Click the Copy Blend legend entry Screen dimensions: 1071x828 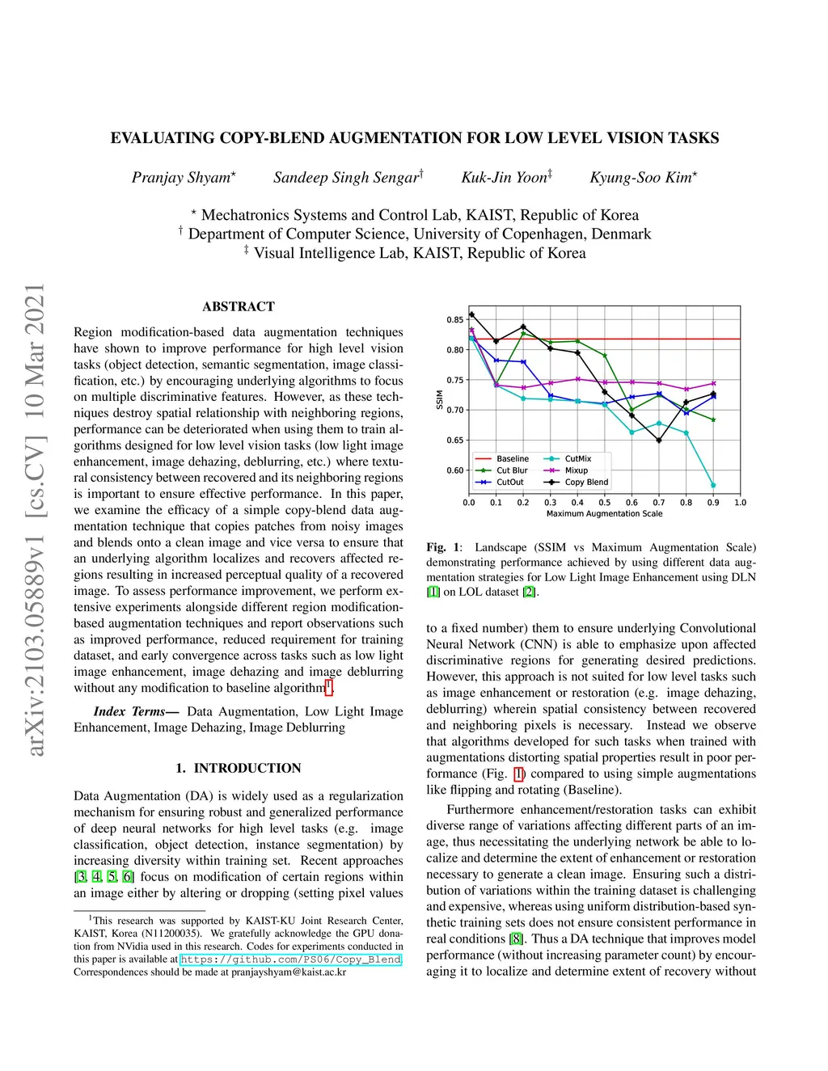click(x=586, y=483)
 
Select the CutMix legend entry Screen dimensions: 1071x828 click(x=577, y=459)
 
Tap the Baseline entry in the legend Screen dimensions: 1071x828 click(x=512, y=459)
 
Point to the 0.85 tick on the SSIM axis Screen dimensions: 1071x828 click(x=455, y=320)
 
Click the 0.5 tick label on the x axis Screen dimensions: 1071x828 click(x=605, y=503)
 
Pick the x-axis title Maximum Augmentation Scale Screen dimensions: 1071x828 click(x=604, y=514)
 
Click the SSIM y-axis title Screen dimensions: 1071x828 click(x=440, y=399)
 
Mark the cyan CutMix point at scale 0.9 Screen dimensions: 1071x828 click(x=713, y=486)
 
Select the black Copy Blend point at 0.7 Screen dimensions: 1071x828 click(x=659, y=441)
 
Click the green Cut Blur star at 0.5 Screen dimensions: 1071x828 click(x=605, y=356)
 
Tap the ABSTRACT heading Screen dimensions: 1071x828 click(x=239, y=307)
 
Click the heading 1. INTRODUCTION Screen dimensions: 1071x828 click(x=239, y=769)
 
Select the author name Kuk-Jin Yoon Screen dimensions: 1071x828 click(x=505, y=178)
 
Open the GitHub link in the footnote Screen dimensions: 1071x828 click(x=290, y=960)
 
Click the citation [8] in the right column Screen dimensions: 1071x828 click(x=516, y=939)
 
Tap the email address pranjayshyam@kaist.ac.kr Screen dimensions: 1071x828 click(x=289, y=972)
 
